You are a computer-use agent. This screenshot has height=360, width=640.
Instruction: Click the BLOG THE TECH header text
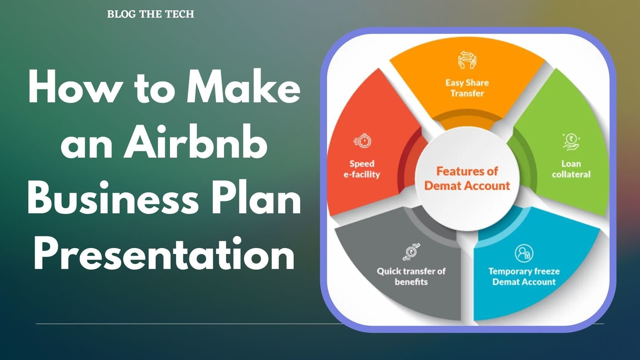(150, 14)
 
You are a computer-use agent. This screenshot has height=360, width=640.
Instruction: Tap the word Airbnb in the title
(196, 142)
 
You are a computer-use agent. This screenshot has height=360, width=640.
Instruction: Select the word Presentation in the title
(164, 253)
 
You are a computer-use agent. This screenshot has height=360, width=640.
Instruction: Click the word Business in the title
(113, 198)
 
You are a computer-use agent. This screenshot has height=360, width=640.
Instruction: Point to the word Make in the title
(244, 86)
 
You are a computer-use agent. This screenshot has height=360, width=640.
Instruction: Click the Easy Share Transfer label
(467, 88)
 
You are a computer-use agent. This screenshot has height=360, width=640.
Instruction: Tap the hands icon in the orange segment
(467, 60)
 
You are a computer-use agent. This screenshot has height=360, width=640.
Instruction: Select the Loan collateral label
(571, 169)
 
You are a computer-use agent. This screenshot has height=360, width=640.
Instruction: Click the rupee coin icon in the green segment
(571, 142)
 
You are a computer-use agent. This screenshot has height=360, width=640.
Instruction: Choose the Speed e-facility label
(362, 169)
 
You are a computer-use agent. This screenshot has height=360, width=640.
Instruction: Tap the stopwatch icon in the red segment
(362, 140)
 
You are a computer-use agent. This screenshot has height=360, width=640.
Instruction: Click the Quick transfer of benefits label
(411, 276)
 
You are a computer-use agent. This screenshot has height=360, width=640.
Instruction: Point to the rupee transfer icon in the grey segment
(411, 252)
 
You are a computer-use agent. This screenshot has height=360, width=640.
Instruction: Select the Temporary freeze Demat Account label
(524, 276)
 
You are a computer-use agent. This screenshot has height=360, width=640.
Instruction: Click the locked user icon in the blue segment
(524, 253)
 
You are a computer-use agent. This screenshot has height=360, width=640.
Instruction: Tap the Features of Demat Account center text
(467, 178)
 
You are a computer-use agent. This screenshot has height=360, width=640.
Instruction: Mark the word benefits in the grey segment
(411, 282)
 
